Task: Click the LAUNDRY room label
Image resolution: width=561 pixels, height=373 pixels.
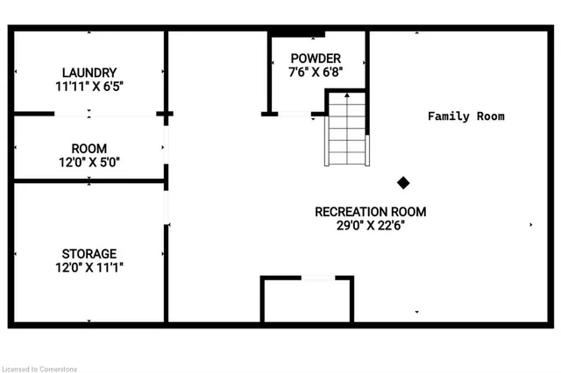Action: (89, 72)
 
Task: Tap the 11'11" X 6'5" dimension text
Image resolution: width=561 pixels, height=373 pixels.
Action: (89, 87)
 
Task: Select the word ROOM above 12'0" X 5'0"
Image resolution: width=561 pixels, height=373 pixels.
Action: (89, 148)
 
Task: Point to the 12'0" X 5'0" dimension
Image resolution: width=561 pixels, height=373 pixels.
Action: (89, 162)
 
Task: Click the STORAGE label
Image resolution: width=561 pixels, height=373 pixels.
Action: (89, 254)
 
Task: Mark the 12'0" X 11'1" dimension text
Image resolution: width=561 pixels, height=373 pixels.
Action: (89, 268)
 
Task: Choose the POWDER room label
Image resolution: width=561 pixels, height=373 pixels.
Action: (316, 59)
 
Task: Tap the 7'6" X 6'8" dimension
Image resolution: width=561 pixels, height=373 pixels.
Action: (316, 73)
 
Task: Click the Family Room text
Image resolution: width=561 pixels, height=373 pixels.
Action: (465, 116)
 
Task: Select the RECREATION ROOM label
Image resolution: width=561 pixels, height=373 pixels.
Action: (371, 212)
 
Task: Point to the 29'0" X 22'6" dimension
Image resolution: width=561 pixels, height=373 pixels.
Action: (371, 225)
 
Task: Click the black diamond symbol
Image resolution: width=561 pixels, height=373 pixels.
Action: (403, 182)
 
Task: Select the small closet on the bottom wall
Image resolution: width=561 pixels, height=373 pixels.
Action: (307, 300)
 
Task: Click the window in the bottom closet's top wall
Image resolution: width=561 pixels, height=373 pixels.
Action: (319, 278)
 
